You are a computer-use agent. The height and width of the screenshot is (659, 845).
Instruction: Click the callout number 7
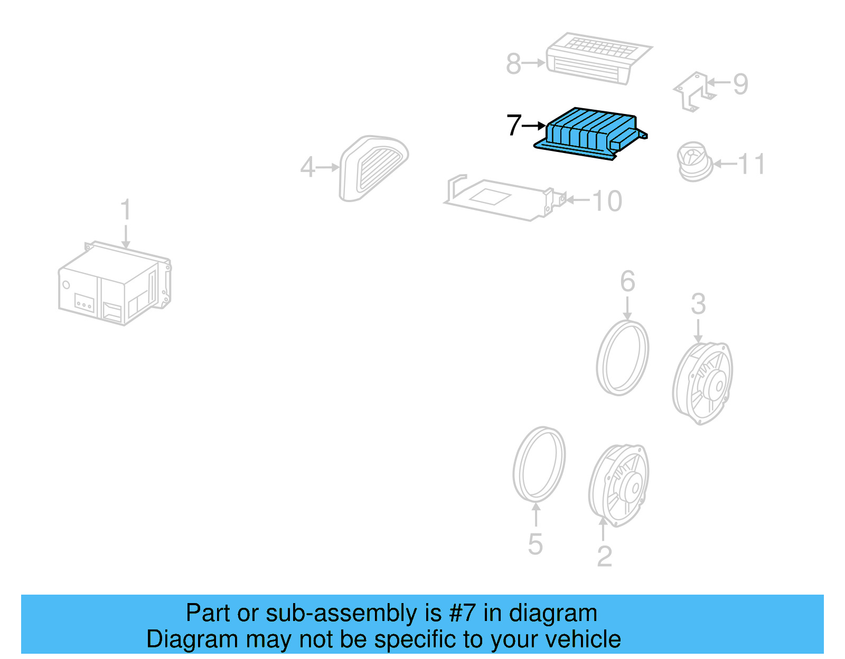(x=513, y=126)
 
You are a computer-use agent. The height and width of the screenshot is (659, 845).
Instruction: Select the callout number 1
(x=125, y=210)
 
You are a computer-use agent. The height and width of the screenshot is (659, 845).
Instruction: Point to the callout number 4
(x=307, y=168)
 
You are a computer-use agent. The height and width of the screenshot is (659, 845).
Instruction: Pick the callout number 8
(x=513, y=64)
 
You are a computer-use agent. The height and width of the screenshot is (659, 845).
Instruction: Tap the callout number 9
(x=740, y=84)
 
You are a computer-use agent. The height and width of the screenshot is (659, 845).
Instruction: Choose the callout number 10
(x=607, y=201)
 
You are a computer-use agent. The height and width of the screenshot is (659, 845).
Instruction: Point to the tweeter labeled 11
(x=693, y=161)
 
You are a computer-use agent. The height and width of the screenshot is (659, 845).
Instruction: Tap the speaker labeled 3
(x=703, y=383)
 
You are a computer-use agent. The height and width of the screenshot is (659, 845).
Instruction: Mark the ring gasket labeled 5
(x=539, y=464)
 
